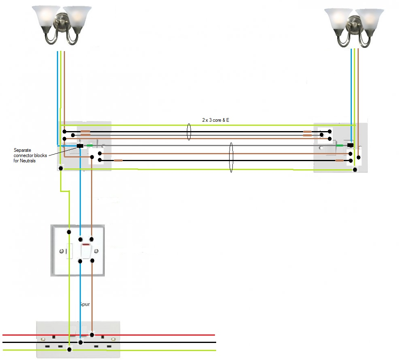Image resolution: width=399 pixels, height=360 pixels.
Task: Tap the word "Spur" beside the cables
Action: (84, 304)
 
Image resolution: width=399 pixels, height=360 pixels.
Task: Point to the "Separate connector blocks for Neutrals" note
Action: (30, 155)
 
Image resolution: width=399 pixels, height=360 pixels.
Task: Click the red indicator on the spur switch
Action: (86, 245)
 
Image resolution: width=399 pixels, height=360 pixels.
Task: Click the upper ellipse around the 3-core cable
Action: (189, 132)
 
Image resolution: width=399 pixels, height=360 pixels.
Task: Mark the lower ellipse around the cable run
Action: (231, 157)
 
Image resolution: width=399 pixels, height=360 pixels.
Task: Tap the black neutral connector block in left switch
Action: (80, 146)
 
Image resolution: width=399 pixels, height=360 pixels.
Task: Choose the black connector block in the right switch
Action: (350, 145)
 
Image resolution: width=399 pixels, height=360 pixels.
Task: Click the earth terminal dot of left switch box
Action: (61, 168)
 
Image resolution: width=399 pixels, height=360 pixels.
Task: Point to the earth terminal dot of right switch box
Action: (355, 170)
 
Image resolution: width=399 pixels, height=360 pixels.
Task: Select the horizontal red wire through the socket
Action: (163, 335)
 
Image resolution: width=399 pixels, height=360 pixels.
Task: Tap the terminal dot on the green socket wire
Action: (69, 349)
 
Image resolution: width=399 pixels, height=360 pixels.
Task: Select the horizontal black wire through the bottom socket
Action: (163, 343)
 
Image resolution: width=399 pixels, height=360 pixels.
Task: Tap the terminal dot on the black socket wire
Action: (81, 343)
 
